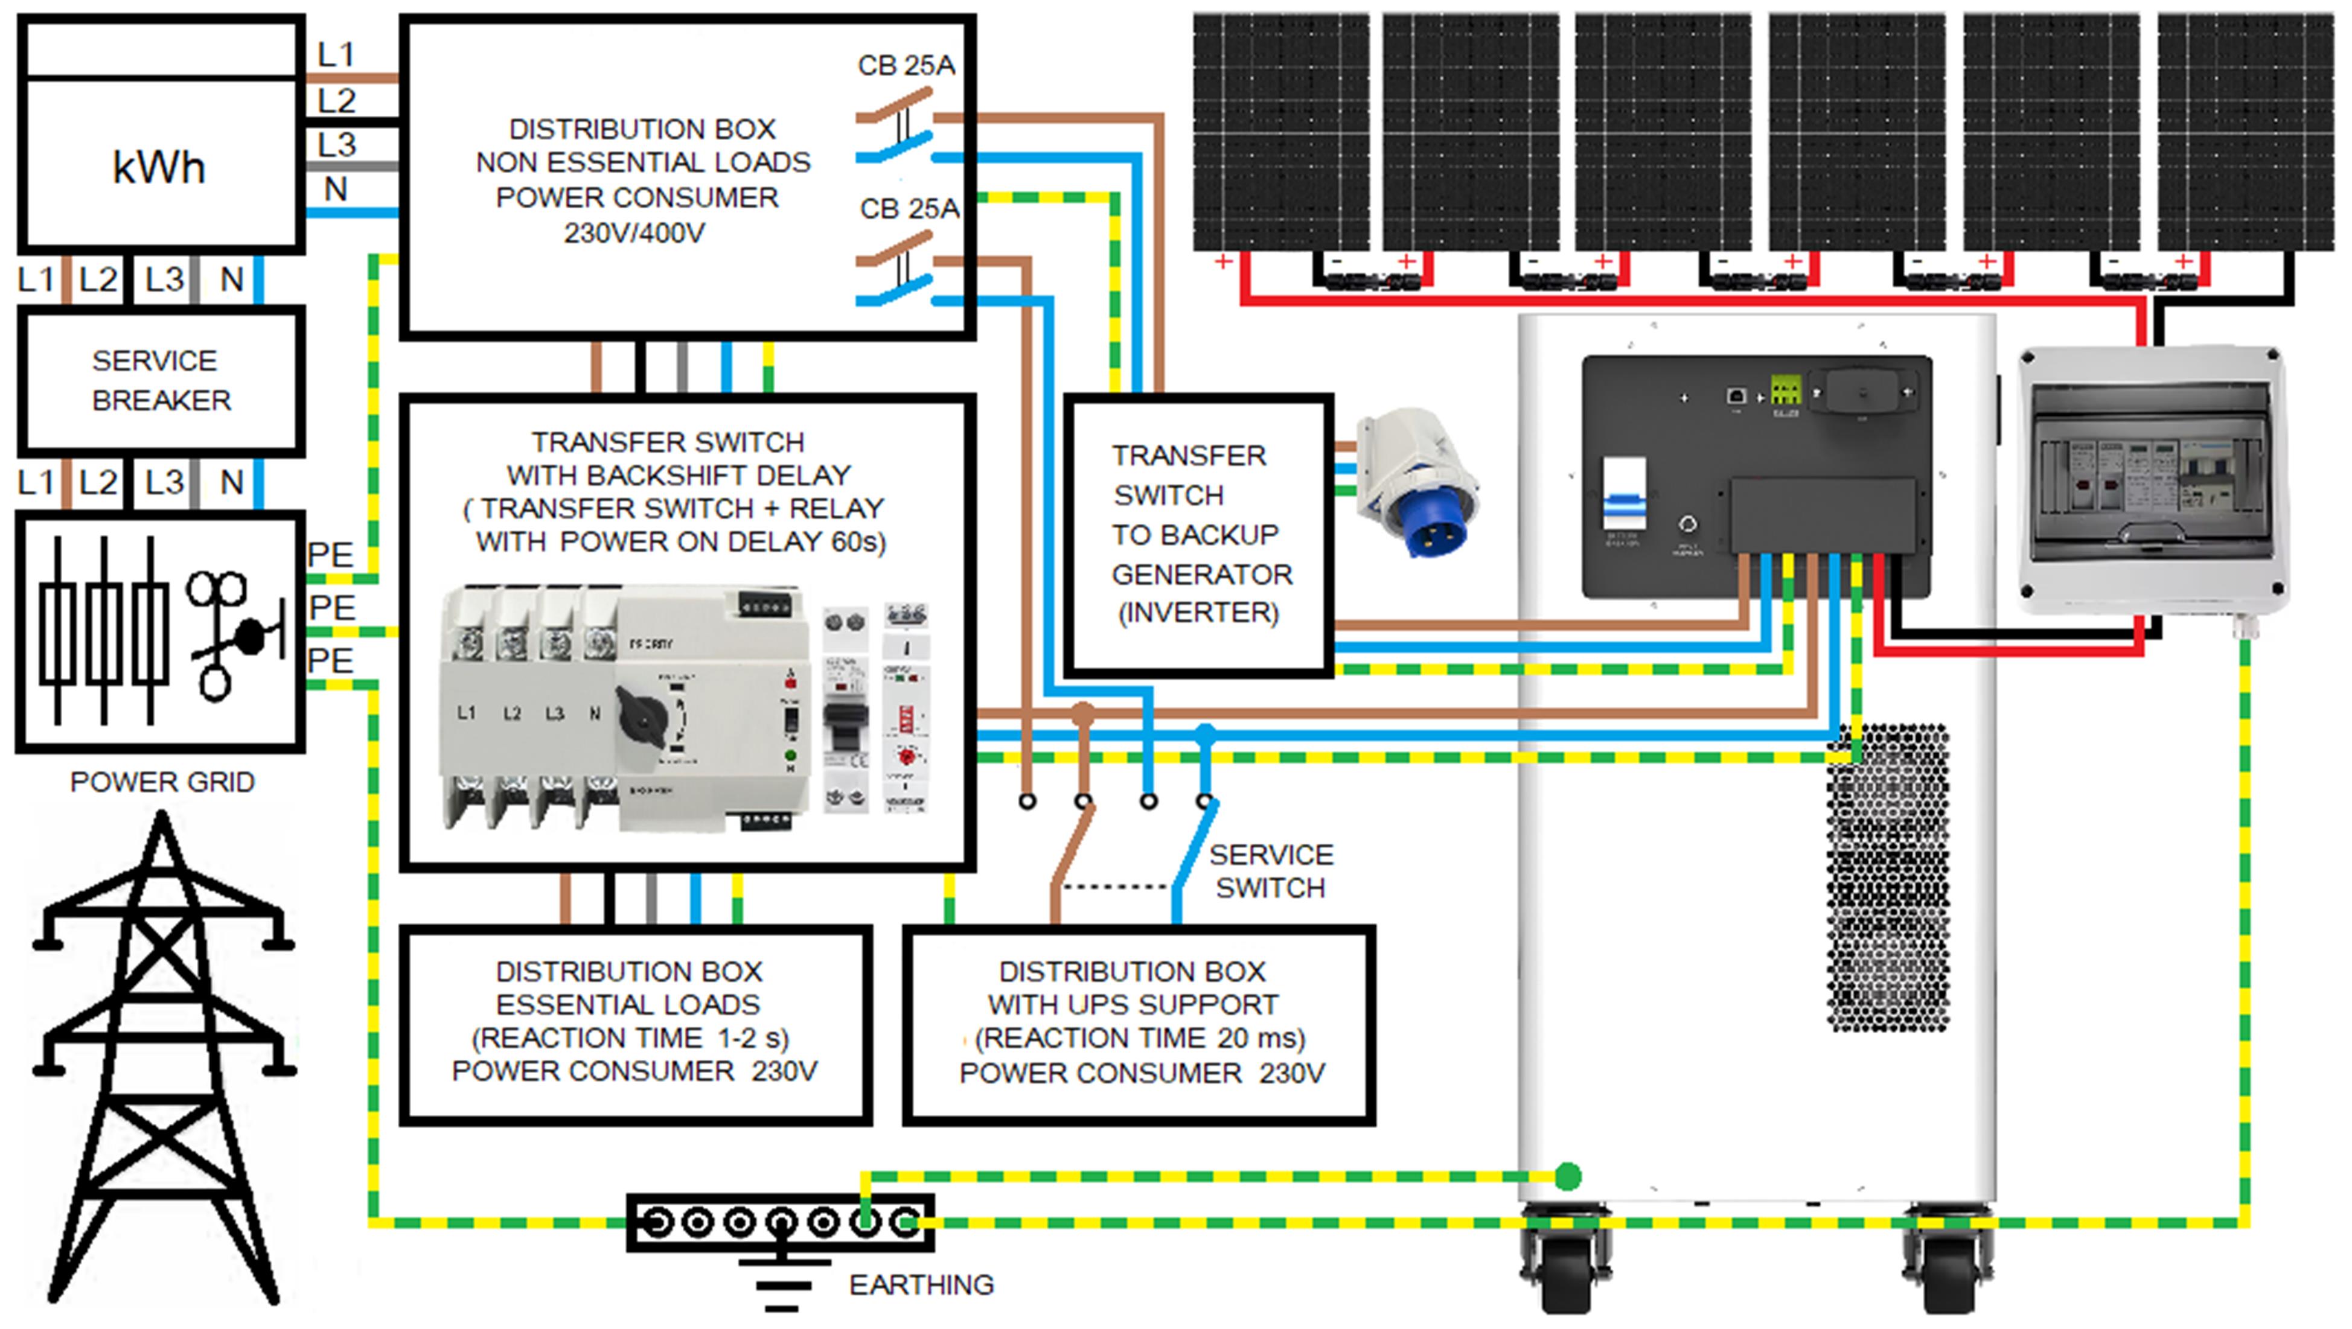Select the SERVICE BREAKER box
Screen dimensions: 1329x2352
coord(161,381)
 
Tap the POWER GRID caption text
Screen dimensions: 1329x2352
coord(162,782)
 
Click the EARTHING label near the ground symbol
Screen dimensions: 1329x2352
coord(921,1285)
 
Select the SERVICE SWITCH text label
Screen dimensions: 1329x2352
coord(1270,871)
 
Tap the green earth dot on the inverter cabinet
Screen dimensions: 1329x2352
coord(1567,1176)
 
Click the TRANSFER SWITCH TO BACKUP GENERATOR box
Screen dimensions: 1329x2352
coord(1198,534)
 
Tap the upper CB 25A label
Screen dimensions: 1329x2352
coord(906,66)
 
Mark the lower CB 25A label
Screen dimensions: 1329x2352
coord(909,209)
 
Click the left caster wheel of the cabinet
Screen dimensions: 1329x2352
coord(1567,1264)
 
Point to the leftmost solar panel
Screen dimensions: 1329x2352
coord(1281,132)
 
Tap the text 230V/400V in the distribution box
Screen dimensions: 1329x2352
coord(634,234)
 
